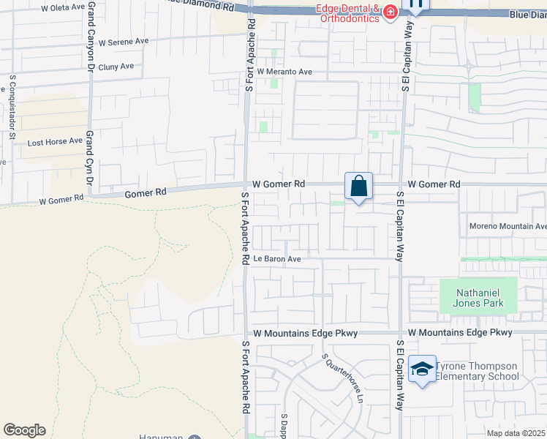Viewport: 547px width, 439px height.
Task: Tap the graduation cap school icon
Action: [422, 371]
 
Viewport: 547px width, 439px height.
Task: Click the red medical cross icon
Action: [390, 12]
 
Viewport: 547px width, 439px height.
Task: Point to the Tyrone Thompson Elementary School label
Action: [478, 372]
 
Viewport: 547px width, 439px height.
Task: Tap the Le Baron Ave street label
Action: [277, 259]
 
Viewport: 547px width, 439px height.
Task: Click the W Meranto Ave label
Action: [284, 72]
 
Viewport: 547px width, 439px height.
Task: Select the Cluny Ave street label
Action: [116, 66]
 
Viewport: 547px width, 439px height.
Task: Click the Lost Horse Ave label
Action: [56, 141]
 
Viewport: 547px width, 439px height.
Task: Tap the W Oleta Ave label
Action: [63, 7]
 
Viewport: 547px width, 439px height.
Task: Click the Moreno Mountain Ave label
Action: [508, 226]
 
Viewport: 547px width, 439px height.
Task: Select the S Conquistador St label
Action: [12, 107]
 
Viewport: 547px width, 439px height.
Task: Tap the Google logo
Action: [24, 430]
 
